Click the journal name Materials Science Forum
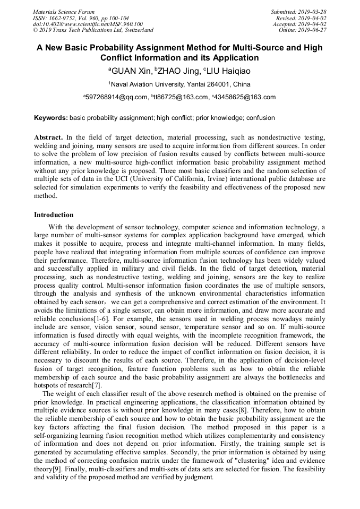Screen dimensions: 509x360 pos(64,12)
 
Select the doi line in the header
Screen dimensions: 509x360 pos(88,24)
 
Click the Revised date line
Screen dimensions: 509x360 pos(302,18)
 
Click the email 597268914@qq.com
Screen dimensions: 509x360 pos(117,97)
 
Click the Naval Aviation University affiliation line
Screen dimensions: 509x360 pos(179,84)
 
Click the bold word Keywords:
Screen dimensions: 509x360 pos(51,117)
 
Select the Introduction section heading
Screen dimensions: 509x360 pos(54,215)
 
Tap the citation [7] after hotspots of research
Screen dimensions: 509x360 pos(96,385)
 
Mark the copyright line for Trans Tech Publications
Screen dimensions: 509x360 pos(93,30)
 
